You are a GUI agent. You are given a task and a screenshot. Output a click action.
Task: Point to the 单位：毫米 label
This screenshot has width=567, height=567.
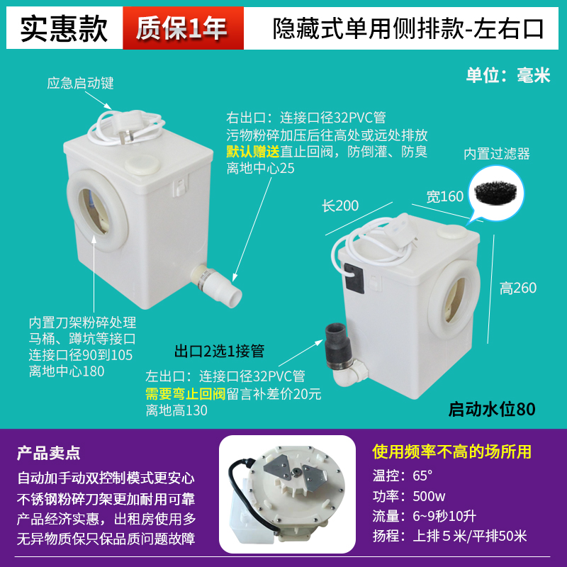(x=507, y=76)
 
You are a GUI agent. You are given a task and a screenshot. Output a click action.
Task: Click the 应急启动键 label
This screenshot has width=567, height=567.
(x=80, y=84)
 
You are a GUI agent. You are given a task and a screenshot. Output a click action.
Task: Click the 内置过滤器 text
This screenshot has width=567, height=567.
(x=497, y=154)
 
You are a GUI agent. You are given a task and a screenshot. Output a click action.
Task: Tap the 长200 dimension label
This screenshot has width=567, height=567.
(x=340, y=206)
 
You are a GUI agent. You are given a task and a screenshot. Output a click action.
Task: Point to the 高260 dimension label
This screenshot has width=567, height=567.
(x=517, y=288)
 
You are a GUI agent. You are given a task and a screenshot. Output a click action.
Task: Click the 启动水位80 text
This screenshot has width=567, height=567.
(x=491, y=409)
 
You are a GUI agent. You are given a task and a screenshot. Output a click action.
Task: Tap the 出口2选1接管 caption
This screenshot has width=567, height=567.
(x=219, y=351)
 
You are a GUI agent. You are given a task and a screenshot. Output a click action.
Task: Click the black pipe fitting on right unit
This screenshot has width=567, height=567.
(x=334, y=342)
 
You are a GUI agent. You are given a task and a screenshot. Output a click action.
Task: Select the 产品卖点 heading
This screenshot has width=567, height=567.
(x=48, y=451)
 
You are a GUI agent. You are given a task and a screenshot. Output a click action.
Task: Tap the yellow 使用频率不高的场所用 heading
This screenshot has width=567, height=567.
(x=451, y=451)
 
